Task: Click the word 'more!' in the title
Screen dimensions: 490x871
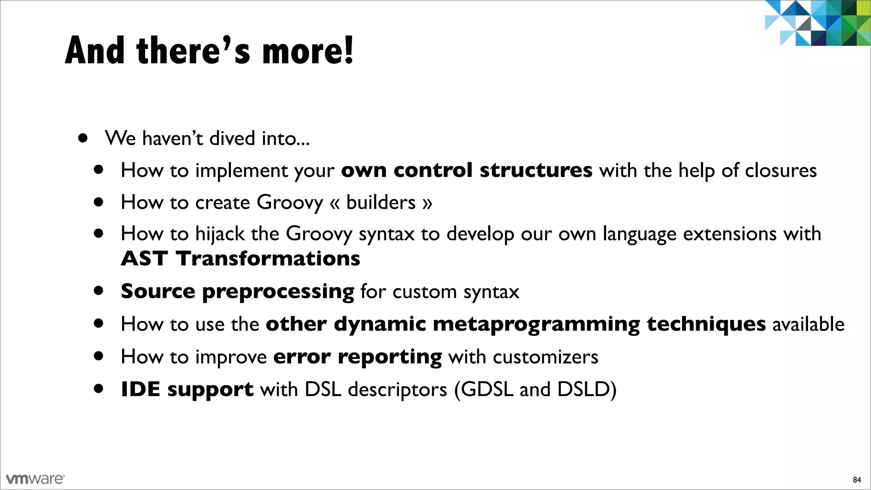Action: (307, 51)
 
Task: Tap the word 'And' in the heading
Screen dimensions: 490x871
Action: (94, 51)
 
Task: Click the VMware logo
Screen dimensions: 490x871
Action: (35, 479)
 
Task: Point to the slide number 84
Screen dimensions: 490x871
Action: (857, 480)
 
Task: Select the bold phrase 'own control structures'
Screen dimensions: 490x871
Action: (466, 170)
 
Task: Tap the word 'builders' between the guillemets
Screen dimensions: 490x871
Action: (381, 202)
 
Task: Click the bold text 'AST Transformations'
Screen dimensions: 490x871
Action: (240, 259)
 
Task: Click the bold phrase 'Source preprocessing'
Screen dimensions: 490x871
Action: (237, 292)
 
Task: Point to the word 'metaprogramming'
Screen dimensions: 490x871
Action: (536, 324)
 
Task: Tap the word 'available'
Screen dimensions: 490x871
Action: (808, 324)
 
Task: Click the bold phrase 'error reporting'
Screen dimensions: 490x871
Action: (357, 356)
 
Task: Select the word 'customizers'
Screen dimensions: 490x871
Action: (545, 356)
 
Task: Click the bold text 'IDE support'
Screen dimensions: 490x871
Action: (187, 389)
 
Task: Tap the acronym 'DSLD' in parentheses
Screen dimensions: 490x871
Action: (583, 389)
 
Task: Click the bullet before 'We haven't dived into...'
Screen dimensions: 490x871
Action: (83, 138)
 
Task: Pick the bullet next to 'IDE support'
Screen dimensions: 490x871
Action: (99, 388)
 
